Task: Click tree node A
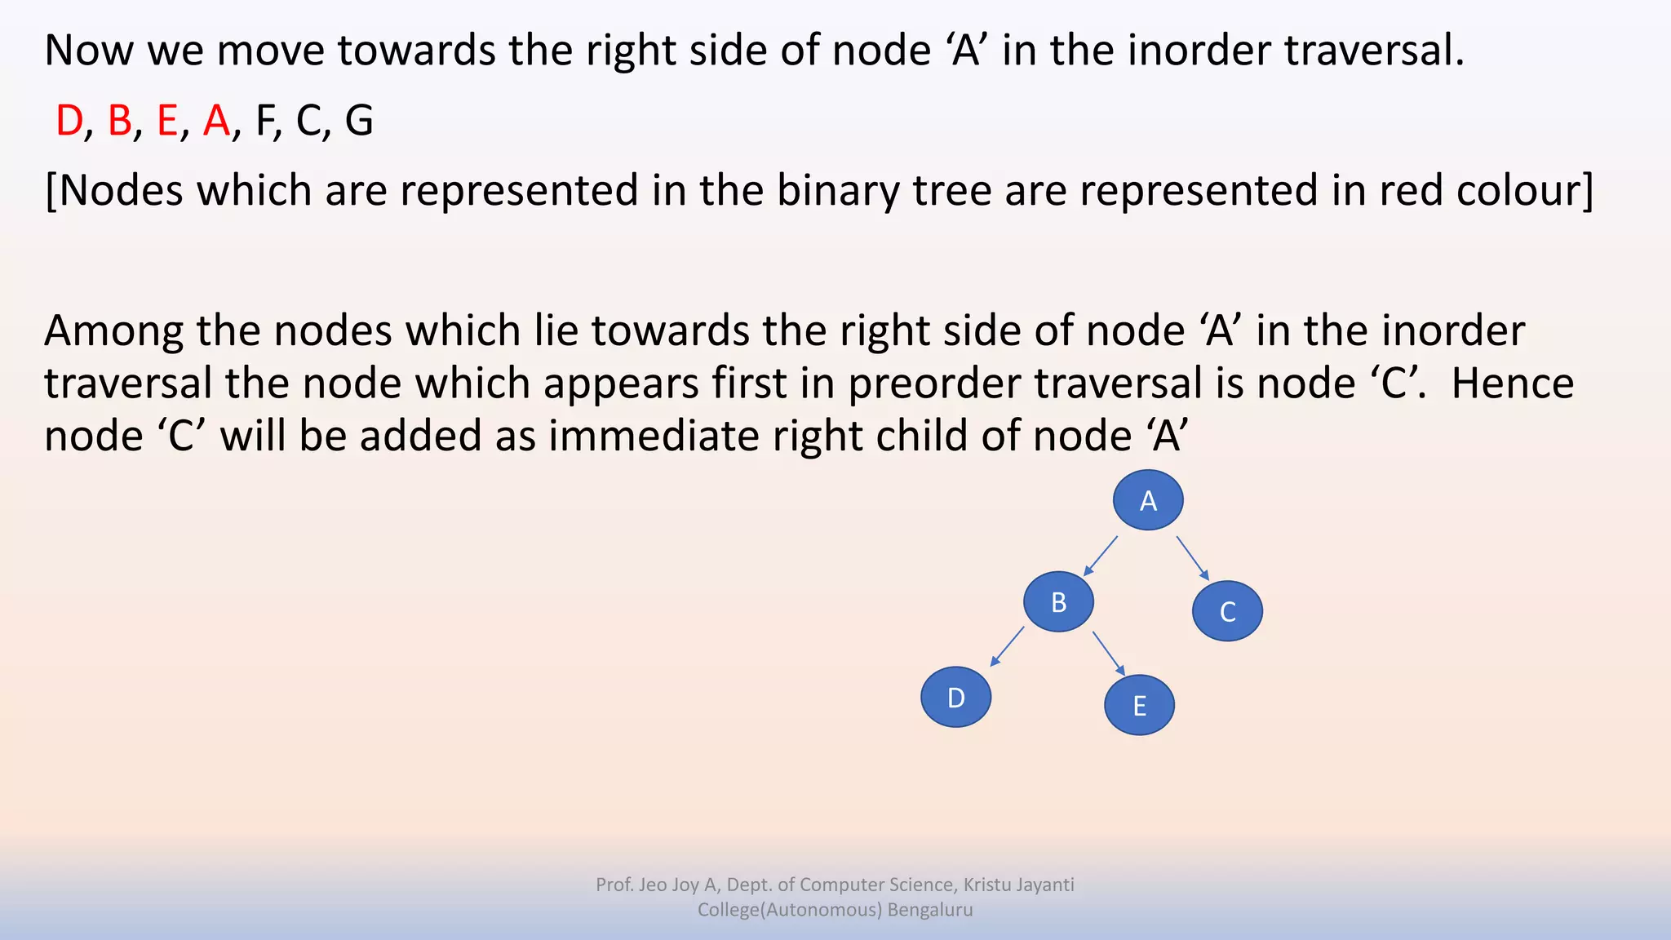pyautogui.click(x=1148, y=500)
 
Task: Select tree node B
pyautogui.click(x=1058, y=602)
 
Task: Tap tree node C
pyautogui.click(x=1227, y=611)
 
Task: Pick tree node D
pyautogui.click(x=955, y=698)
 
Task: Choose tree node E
pyautogui.click(x=1139, y=706)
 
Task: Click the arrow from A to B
pyautogui.click(x=1100, y=556)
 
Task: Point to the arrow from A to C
pyautogui.click(x=1193, y=558)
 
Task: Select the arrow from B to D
pyautogui.click(x=1007, y=647)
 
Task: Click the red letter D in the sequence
pyautogui.click(x=69, y=121)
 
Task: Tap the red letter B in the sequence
pyautogui.click(x=119, y=121)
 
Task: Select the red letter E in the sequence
pyautogui.click(x=167, y=121)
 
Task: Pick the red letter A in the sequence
pyautogui.click(x=217, y=121)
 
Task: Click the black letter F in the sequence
pyautogui.click(x=265, y=121)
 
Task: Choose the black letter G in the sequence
pyautogui.click(x=359, y=121)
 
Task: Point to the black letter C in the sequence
pyautogui.click(x=308, y=121)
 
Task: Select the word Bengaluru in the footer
pyautogui.click(x=930, y=910)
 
